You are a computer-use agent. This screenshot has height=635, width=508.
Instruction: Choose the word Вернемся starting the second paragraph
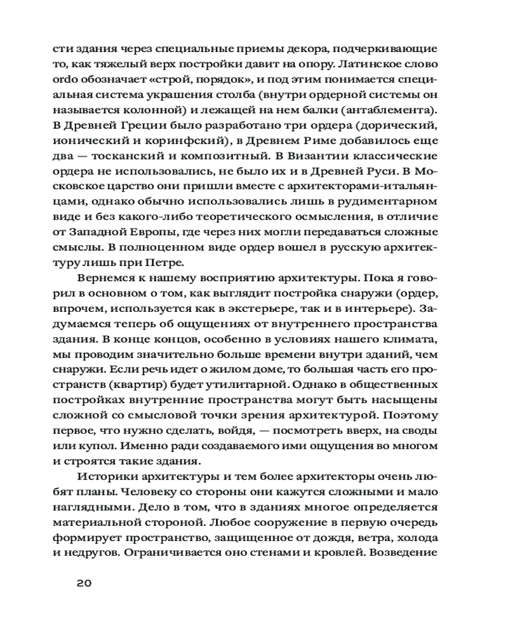[114, 279]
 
